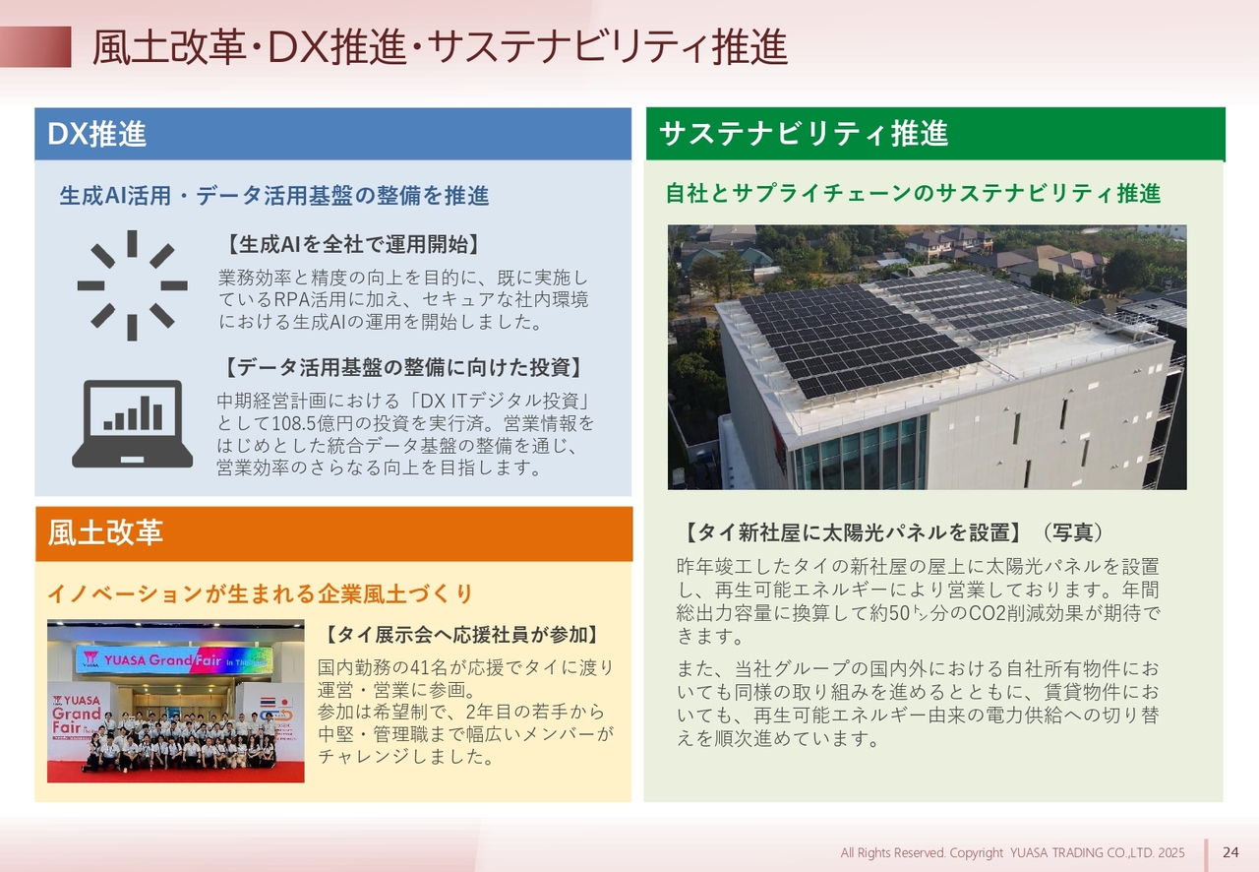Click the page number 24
(x=1230, y=852)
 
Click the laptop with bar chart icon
(x=132, y=423)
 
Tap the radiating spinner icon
(x=132, y=285)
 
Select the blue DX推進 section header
(x=332, y=134)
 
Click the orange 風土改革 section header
(x=333, y=533)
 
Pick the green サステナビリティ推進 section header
(x=935, y=134)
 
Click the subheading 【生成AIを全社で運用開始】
(x=353, y=245)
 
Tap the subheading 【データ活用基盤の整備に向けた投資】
(x=403, y=368)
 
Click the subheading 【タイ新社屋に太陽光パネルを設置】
(x=853, y=532)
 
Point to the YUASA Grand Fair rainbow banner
(x=174, y=660)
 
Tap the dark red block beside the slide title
(x=35, y=46)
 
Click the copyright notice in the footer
(x=1012, y=853)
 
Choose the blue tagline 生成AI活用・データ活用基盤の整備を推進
(x=274, y=196)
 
